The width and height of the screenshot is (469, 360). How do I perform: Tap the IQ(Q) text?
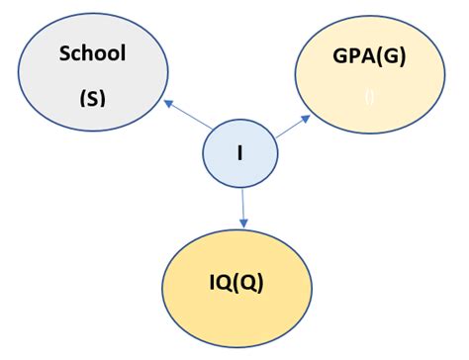(234, 287)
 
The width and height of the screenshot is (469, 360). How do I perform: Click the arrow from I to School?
(188, 115)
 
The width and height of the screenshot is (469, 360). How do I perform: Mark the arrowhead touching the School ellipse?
(167, 101)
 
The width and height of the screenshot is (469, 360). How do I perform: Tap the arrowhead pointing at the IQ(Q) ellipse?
(242, 223)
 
